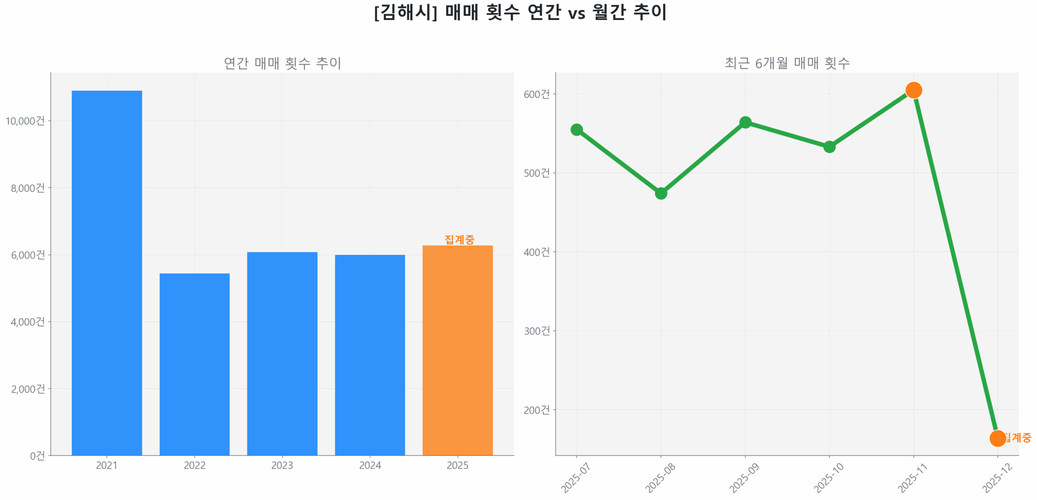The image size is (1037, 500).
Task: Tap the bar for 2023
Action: coord(282,353)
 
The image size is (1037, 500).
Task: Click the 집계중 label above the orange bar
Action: coord(459,239)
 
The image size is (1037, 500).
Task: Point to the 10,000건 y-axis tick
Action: coord(25,120)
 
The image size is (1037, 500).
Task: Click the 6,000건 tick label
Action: coord(28,254)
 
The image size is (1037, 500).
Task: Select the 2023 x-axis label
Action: coord(282,465)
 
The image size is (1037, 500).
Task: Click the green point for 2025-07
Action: coord(576,130)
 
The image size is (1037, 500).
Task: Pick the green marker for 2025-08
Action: coord(661,193)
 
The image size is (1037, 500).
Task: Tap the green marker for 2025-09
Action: coord(745,122)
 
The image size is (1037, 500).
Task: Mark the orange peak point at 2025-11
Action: coord(913,90)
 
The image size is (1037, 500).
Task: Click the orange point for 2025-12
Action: coord(997,438)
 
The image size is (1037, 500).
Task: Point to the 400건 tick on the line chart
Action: coord(536,252)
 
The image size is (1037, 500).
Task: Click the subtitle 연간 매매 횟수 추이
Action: coord(282,63)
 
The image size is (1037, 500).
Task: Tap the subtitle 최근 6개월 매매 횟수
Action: coord(787,63)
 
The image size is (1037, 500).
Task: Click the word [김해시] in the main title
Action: coord(405,12)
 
